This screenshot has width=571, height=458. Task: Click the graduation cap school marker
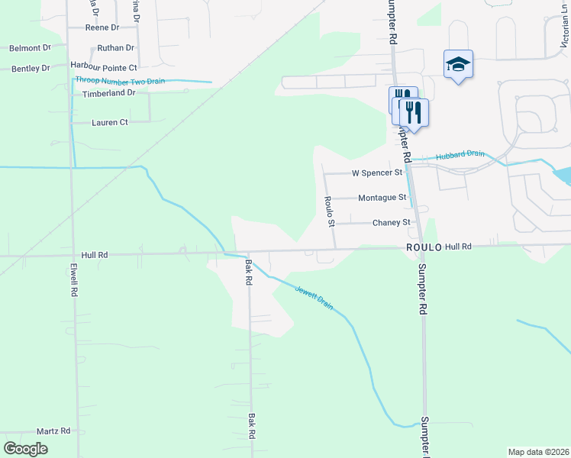[x=458, y=64]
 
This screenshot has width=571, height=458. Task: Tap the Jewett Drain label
[x=315, y=297]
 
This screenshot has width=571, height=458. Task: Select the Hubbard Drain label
[x=460, y=156]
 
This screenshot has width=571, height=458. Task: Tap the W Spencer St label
[x=376, y=173]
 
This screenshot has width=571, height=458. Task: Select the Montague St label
[x=382, y=198]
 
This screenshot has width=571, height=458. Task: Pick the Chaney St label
[x=391, y=223]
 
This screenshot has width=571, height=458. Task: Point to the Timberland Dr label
[x=108, y=93]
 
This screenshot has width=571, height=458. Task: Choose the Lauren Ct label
[x=109, y=122]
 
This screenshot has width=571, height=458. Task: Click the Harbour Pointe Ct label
[x=103, y=67]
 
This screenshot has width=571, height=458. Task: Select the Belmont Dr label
[x=29, y=48]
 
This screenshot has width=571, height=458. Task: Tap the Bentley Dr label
[x=31, y=69]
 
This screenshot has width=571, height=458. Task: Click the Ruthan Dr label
[x=115, y=47]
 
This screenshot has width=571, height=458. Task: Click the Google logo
[x=25, y=449]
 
